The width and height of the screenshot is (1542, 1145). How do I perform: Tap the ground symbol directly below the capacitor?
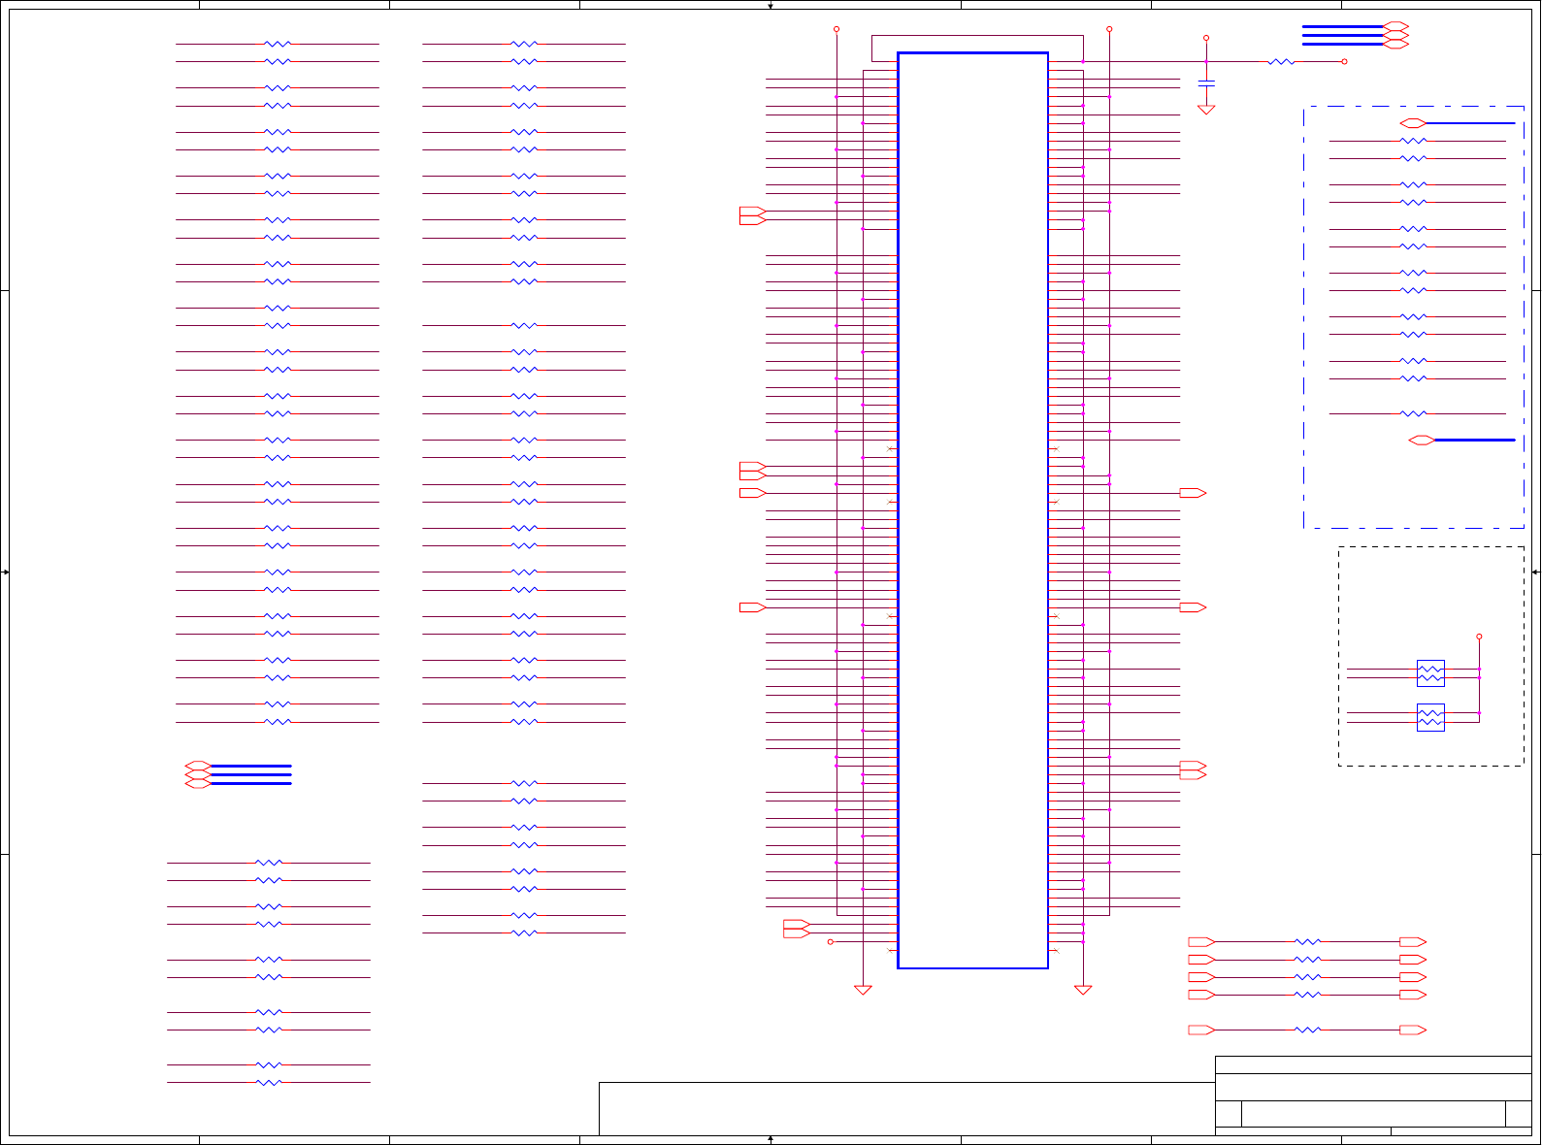(x=1206, y=110)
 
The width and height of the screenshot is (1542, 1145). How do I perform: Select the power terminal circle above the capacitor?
(x=1206, y=38)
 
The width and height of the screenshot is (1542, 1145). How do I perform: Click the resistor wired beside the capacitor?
(x=1281, y=61)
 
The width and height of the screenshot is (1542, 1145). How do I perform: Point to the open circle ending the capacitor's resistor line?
(x=1344, y=61)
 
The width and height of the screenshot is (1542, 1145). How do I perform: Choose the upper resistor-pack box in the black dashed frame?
(x=1430, y=672)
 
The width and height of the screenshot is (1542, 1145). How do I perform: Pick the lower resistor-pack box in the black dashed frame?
(x=1430, y=717)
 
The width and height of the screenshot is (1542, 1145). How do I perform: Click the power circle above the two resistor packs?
(x=1479, y=637)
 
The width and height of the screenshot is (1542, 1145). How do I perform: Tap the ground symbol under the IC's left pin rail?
(x=863, y=990)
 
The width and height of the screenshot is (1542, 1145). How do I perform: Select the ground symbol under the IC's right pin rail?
(x=1083, y=990)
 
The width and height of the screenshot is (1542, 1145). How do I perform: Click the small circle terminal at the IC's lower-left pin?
(x=830, y=941)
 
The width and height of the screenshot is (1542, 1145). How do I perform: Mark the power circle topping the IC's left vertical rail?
(x=837, y=29)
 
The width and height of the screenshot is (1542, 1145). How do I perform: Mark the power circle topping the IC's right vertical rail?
(x=1109, y=29)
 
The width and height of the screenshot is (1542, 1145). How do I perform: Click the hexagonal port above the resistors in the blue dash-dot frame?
(x=1413, y=123)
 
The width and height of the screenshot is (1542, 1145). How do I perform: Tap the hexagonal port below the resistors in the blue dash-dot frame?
(x=1422, y=441)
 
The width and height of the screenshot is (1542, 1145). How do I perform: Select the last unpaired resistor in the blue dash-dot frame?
(x=1414, y=413)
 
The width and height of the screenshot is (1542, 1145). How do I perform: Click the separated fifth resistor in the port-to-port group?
(x=1308, y=1030)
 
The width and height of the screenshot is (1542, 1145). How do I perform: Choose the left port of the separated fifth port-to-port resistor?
(x=1201, y=1030)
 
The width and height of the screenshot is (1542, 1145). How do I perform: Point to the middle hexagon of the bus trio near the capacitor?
(x=1395, y=35)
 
